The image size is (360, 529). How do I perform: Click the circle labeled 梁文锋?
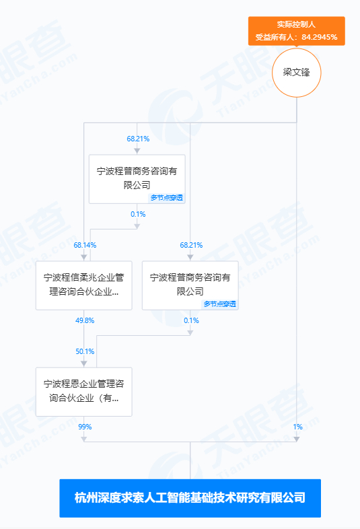(x=297, y=73)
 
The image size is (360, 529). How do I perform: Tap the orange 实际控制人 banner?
(x=297, y=31)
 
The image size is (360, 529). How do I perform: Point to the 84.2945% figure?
(x=320, y=37)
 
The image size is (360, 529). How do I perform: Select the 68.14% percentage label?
(x=85, y=245)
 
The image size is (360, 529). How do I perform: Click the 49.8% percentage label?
(x=85, y=320)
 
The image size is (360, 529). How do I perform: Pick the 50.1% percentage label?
(x=85, y=351)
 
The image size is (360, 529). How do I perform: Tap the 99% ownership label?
(x=85, y=427)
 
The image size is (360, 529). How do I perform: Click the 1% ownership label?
(x=297, y=427)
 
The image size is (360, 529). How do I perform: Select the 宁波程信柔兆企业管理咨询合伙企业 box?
(x=84, y=285)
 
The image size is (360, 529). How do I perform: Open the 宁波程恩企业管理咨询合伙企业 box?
(x=84, y=392)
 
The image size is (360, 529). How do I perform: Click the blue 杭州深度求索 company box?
(x=190, y=498)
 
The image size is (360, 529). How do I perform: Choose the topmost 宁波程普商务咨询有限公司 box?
(x=137, y=179)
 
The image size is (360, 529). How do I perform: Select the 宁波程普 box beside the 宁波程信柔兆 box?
(x=190, y=285)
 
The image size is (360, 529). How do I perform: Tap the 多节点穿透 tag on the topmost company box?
(x=167, y=198)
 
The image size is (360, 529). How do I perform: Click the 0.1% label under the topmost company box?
(x=138, y=214)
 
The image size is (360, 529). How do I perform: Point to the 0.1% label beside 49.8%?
(x=191, y=320)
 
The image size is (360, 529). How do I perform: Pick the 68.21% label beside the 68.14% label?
(x=191, y=245)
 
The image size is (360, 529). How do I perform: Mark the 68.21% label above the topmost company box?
(x=138, y=139)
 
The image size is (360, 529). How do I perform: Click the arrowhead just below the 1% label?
(x=297, y=439)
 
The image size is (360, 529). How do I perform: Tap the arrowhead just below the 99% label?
(x=84, y=439)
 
